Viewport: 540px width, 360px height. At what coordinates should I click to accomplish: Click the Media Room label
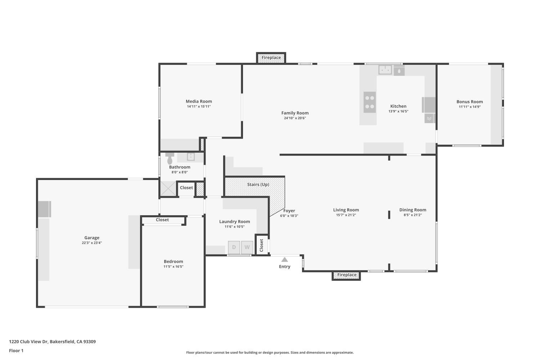point(199,102)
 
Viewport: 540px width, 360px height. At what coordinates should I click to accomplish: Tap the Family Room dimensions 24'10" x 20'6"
point(295,118)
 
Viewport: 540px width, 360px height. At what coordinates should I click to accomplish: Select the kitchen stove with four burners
point(369,102)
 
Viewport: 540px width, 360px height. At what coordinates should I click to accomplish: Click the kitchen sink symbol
point(385,70)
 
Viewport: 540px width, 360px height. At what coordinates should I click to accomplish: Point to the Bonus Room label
point(469,102)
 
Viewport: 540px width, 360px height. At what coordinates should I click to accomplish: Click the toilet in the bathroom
point(170,158)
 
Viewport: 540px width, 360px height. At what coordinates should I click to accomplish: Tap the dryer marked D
point(234,247)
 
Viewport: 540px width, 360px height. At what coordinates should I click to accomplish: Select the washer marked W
point(247,247)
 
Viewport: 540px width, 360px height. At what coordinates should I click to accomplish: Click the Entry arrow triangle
point(284,260)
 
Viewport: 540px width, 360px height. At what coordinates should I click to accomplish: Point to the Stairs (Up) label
point(258,185)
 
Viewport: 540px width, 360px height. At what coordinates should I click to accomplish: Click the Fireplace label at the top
point(271,58)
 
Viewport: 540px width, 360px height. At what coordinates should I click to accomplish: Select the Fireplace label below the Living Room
point(347,275)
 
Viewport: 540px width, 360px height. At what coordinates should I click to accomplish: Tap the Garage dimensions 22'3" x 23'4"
point(92,243)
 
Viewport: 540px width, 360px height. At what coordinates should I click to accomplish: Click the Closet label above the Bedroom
point(162,220)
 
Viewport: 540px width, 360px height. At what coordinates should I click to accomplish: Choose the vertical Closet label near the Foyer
point(262,245)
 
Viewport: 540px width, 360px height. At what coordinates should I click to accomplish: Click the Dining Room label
point(413,210)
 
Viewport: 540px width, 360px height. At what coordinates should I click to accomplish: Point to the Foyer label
point(289,211)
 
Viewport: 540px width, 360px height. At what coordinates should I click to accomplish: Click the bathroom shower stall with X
point(168,189)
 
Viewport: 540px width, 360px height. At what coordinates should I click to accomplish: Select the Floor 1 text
point(16,351)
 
